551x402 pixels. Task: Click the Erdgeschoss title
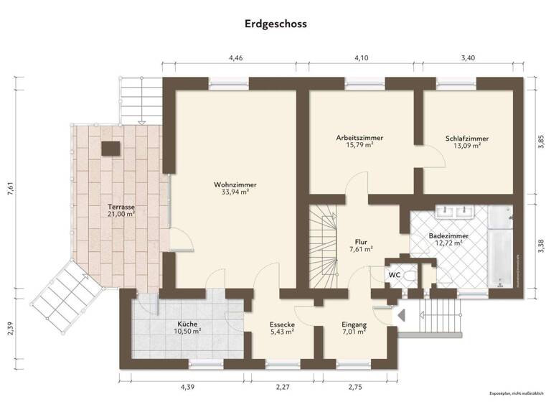[275, 24]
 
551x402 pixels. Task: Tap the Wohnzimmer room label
[235, 184]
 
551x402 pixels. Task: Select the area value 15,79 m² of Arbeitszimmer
[359, 145]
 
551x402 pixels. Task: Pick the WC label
[394, 274]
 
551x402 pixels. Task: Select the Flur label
[360, 242]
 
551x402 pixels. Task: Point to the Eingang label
[354, 324]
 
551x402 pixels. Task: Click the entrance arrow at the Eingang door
[400, 314]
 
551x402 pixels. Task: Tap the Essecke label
[283, 324]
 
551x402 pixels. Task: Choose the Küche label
[189, 324]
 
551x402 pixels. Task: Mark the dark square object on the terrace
[110, 149]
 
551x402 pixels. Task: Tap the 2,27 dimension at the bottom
[282, 387]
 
